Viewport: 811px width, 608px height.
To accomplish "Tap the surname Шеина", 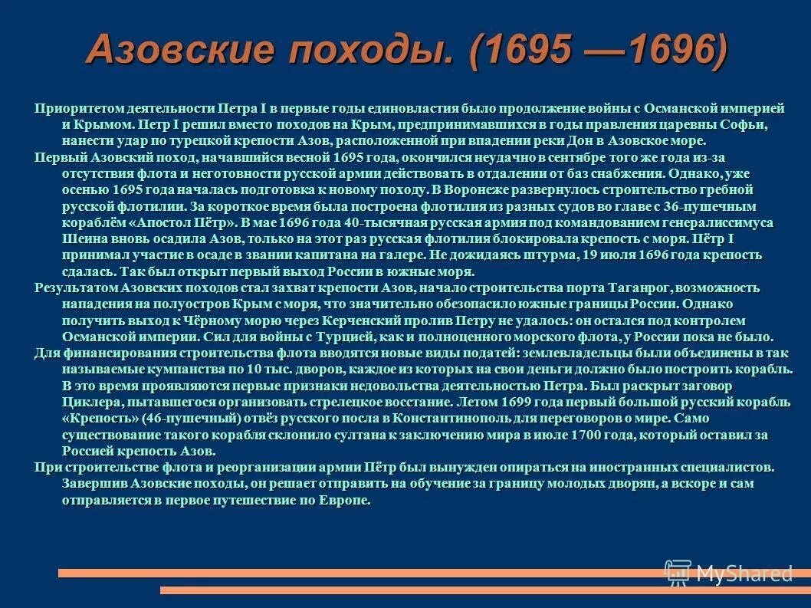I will [81, 239].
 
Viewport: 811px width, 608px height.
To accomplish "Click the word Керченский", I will [387, 320].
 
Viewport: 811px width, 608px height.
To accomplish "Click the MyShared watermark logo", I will [728, 572].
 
